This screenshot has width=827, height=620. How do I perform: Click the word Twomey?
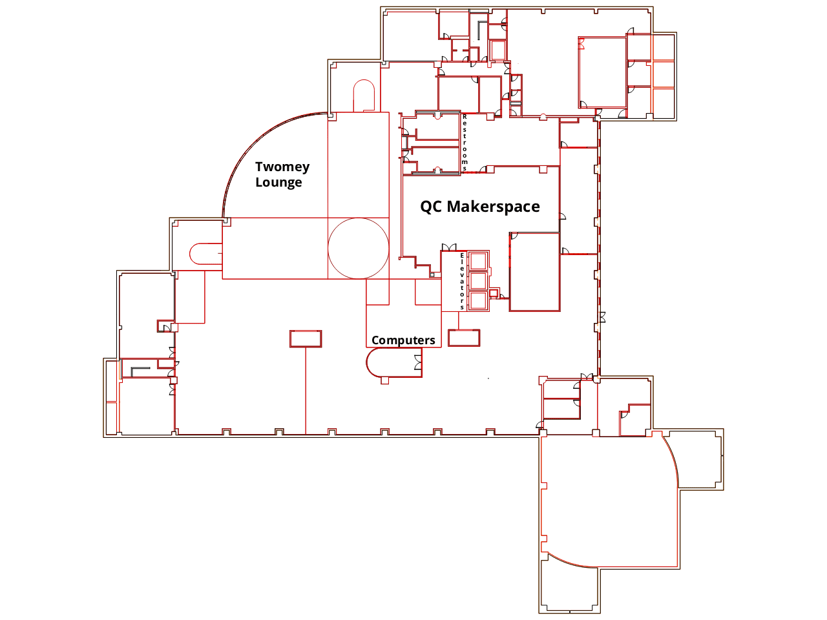[x=282, y=167]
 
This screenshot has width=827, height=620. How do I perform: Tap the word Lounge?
[x=278, y=183]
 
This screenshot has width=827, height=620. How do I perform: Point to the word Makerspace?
[x=493, y=207]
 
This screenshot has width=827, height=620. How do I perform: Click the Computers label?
[x=403, y=340]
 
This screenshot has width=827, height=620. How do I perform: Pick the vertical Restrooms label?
[x=465, y=143]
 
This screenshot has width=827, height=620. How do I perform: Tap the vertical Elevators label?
[x=462, y=282]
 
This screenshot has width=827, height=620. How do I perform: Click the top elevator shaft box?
[x=478, y=261]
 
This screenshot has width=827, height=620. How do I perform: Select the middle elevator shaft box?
[x=478, y=281]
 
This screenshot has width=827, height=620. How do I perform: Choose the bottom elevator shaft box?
[x=478, y=301]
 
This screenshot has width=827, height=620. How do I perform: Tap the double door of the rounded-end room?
[x=418, y=362]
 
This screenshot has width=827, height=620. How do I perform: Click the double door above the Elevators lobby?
[x=449, y=247]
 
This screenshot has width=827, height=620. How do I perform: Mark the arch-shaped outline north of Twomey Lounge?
[x=364, y=80]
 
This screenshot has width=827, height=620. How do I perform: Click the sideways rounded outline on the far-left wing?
[x=189, y=254]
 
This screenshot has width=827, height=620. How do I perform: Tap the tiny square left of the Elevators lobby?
[x=432, y=275]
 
